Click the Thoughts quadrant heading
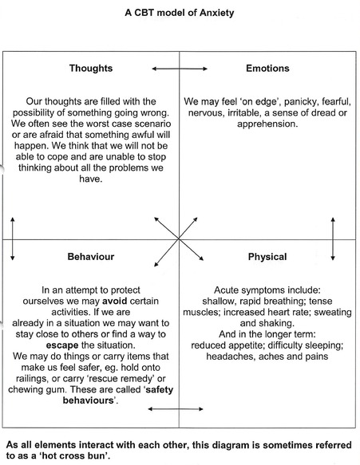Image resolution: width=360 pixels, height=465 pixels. click(x=91, y=69)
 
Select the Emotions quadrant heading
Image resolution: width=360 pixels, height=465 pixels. click(x=267, y=69)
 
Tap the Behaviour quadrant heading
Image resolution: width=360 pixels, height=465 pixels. click(x=90, y=257)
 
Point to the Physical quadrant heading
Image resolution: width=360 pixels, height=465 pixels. click(x=267, y=257)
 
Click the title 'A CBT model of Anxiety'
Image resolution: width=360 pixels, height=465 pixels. click(x=180, y=13)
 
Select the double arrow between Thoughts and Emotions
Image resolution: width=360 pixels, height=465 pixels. click(x=180, y=69)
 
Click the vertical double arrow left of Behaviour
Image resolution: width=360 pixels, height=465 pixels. click(x=13, y=238)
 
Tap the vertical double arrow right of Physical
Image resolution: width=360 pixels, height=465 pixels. click(x=333, y=238)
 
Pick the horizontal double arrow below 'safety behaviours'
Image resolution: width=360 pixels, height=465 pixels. click(x=176, y=409)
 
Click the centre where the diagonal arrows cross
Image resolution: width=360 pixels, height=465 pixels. click(x=179, y=238)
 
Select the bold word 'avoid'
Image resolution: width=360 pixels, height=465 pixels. click(x=115, y=301)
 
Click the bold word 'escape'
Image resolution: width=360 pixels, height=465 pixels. click(x=62, y=345)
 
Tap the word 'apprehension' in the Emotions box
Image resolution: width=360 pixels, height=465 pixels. click(x=267, y=124)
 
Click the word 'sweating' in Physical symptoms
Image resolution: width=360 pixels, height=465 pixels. click(x=333, y=313)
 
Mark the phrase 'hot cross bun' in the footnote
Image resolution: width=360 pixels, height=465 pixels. click(x=74, y=455)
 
